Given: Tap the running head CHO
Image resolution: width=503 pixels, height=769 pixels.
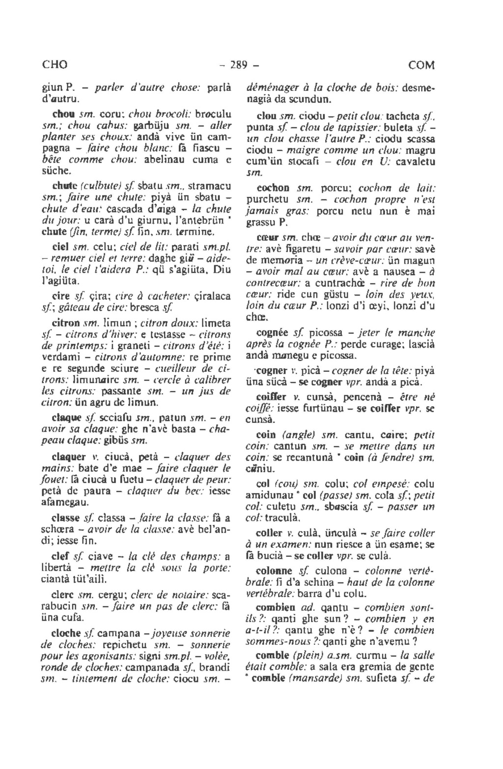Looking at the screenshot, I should tap(55, 65).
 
